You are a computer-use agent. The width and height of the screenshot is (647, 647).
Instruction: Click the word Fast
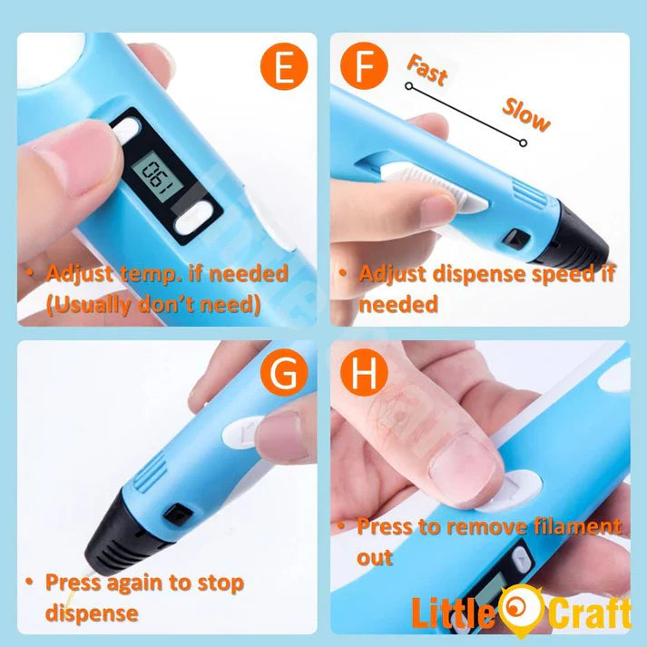pyautogui.click(x=427, y=70)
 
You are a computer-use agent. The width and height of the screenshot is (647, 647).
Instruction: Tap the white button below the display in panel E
pyautogui.click(x=200, y=218)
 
